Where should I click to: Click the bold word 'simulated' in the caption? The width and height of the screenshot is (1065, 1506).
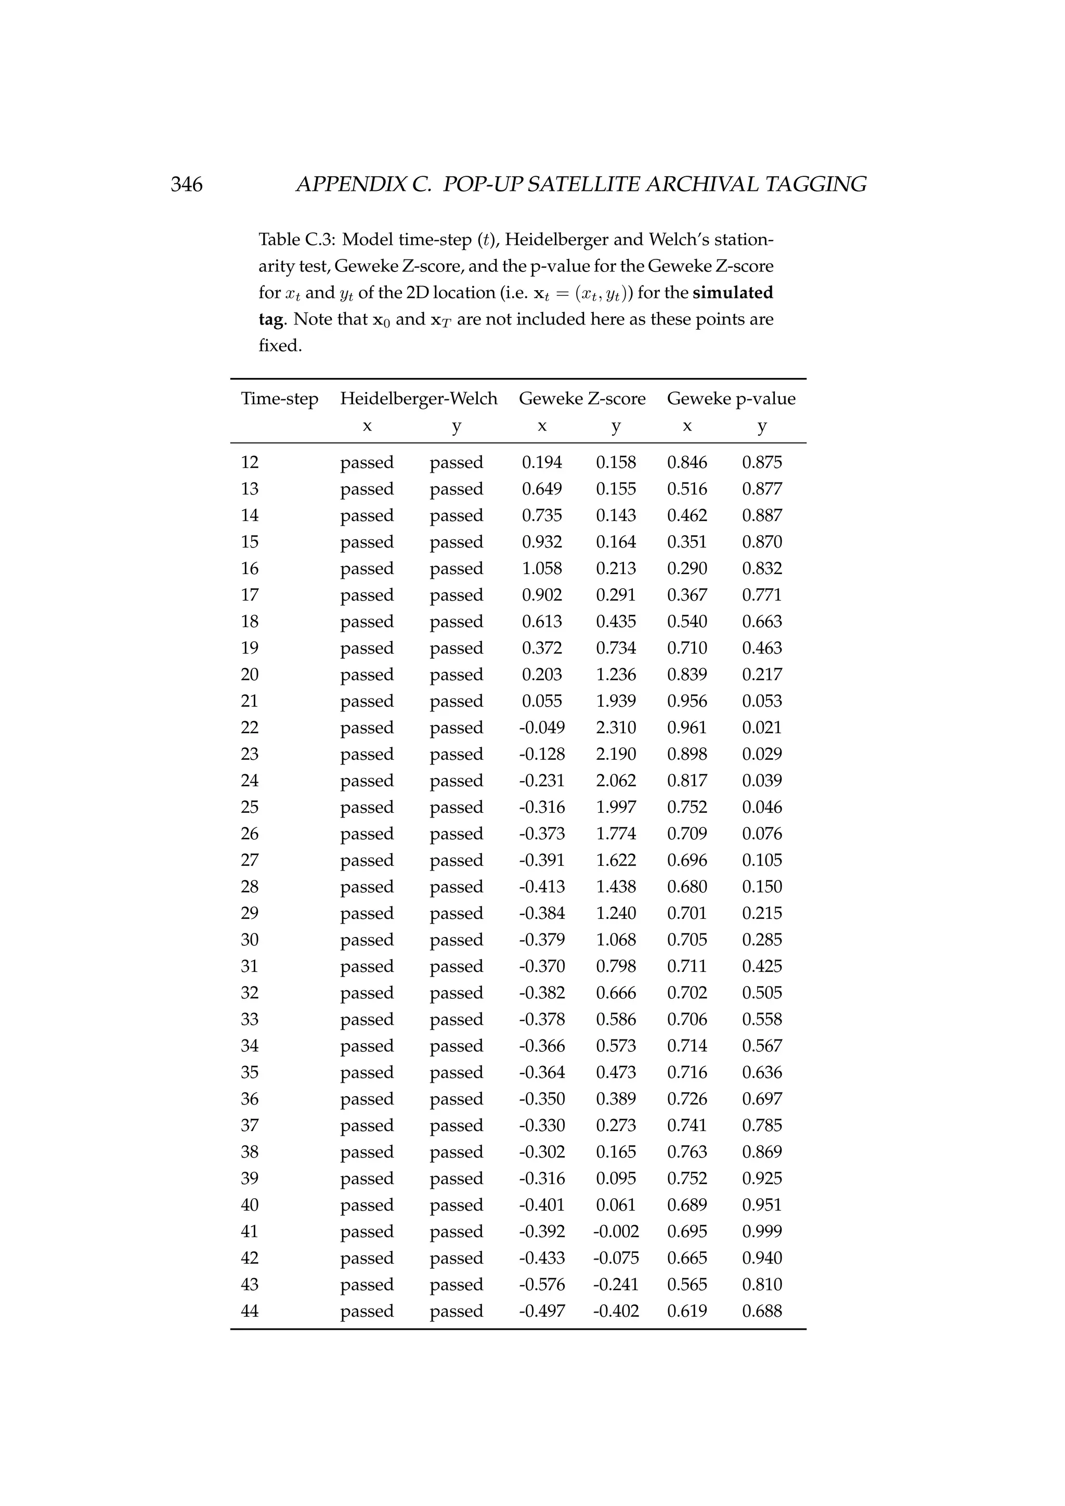pos(733,293)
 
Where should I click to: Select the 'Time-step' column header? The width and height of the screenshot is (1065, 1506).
pos(279,399)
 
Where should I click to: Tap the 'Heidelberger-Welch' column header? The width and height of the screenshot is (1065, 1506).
pos(419,399)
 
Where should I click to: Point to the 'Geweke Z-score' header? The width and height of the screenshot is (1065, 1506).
pos(582,399)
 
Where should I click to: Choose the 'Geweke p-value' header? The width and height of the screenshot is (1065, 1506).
pos(731,399)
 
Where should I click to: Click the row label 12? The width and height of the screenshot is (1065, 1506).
pos(250,462)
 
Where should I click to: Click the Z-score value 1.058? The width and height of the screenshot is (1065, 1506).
pos(542,569)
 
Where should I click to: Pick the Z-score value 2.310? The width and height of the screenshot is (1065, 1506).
pos(616,728)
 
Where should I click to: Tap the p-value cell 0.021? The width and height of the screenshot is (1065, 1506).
pos(762,728)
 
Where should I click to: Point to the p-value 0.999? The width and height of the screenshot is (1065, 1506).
pos(762,1231)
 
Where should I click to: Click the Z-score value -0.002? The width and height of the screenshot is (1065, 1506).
pos(616,1231)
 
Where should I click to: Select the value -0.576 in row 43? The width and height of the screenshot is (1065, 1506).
pos(542,1284)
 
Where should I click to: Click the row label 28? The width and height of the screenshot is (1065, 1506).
pos(250,887)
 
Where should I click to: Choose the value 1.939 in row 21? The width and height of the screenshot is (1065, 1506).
pos(616,701)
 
